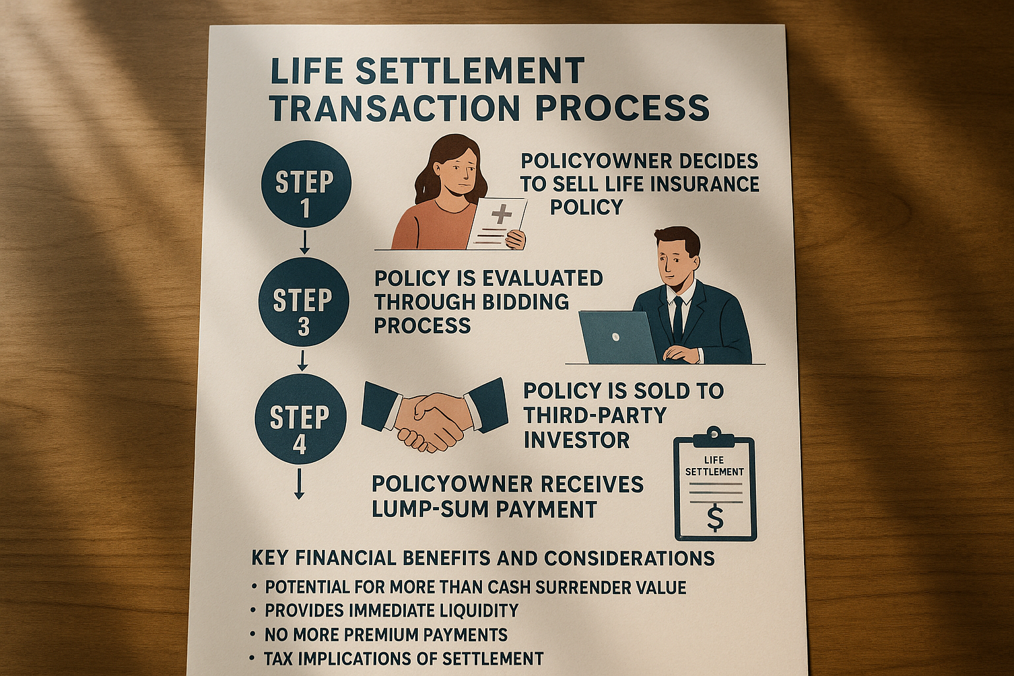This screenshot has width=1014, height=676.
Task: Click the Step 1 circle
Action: pyautogui.click(x=306, y=184)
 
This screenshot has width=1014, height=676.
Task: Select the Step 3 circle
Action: pyautogui.click(x=303, y=302)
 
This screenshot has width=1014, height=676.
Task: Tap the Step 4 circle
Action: pyautogui.click(x=300, y=419)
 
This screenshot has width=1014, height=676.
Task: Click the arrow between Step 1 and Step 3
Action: pyautogui.click(x=304, y=242)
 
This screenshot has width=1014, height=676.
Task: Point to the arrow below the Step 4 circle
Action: pyautogui.click(x=299, y=484)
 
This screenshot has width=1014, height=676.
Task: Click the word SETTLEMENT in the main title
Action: pyautogui.click(x=469, y=71)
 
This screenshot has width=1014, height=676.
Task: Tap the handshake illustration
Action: pyautogui.click(x=434, y=415)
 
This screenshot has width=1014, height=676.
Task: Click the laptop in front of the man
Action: pyautogui.click(x=618, y=337)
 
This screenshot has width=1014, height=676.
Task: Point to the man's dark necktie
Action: pyautogui.click(x=677, y=319)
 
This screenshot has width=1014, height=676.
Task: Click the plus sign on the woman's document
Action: pyautogui.click(x=501, y=214)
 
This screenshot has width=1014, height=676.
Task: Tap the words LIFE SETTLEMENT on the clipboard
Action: pyautogui.click(x=714, y=466)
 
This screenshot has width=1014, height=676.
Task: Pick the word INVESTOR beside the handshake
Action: pyautogui.click(x=576, y=440)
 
